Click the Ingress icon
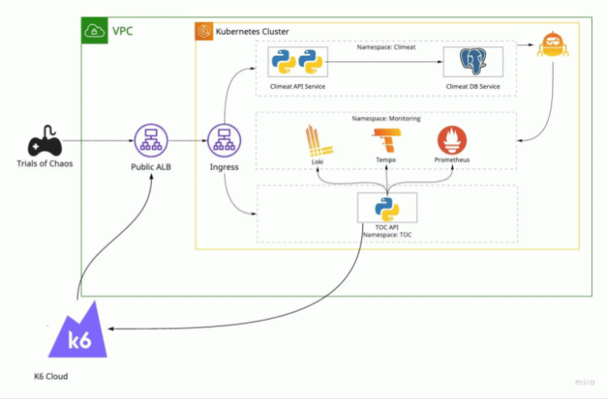click(x=224, y=142)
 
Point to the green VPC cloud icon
click(x=95, y=31)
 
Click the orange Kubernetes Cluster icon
click(x=204, y=31)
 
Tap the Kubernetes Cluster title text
click(x=251, y=31)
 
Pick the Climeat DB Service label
click(x=472, y=86)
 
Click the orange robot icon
click(x=554, y=49)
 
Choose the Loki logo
click(x=316, y=141)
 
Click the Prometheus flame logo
click(x=453, y=141)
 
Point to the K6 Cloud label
click(x=51, y=376)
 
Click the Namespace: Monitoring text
click(x=386, y=119)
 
